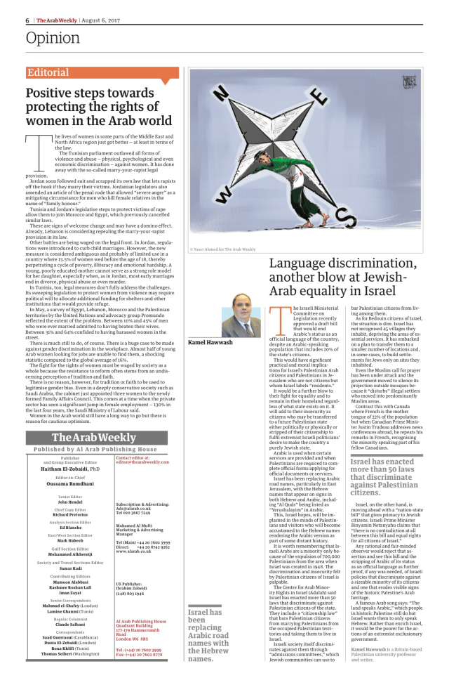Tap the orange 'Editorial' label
[48, 72]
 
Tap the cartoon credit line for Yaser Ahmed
[224, 249]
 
